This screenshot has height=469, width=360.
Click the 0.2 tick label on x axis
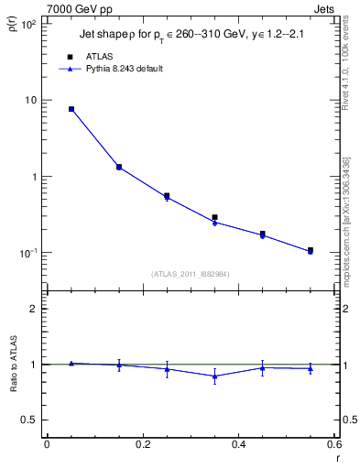143,445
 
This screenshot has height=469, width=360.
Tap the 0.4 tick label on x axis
239,445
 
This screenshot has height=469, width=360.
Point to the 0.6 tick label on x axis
334,445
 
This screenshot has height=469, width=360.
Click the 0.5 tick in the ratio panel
31,420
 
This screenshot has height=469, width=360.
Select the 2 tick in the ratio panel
37,309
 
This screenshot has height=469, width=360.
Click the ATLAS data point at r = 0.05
71,109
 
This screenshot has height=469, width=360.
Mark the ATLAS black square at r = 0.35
214,217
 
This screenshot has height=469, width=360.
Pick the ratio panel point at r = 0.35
214,376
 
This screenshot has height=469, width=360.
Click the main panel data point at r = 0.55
311,250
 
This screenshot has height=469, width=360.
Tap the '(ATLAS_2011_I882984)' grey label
191,273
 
